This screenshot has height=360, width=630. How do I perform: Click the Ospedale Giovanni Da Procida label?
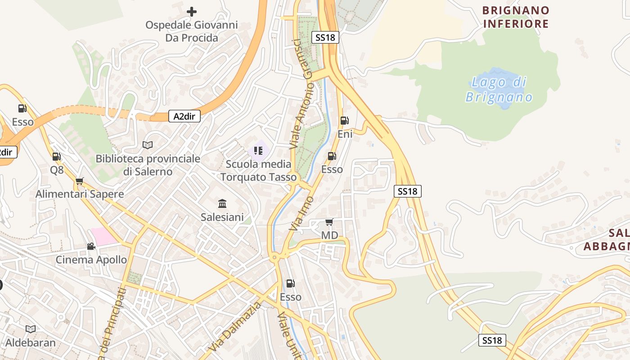[191, 31]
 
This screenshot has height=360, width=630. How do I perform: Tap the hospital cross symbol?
[192, 11]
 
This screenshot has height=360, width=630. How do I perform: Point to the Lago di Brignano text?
[499, 90]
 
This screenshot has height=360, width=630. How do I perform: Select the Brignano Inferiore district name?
[516, 17]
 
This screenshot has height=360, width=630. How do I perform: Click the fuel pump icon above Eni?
[344, 120]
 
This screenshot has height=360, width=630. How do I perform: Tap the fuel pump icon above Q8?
[56, 157]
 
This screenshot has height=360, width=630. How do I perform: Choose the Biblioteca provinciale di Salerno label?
[148, 165]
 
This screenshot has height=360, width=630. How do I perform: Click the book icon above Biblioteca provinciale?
[148, 145]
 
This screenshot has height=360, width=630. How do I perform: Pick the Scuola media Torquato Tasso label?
[258, 171]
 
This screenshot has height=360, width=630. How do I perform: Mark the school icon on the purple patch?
[258, 151]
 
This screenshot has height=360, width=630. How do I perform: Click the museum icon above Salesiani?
[222, 204]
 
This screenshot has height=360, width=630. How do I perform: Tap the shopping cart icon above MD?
[329, 222]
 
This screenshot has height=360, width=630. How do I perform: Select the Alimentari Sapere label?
[80, 194]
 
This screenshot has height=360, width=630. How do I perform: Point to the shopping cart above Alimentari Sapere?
[80, 181]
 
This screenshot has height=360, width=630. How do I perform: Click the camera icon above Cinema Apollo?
[91, 246]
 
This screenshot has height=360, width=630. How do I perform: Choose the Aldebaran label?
[30, 342]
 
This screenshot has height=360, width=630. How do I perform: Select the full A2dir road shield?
[184, 116]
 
